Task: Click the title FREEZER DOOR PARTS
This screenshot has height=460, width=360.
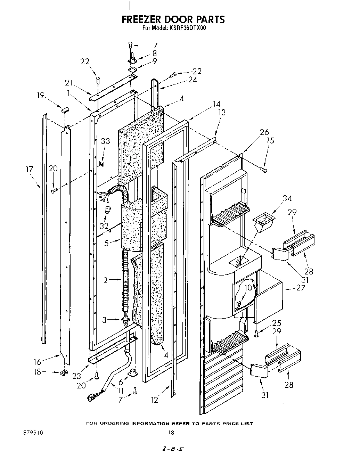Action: [173, 19]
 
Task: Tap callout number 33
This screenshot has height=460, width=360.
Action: [106, 141]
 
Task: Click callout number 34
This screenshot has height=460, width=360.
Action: [287, 198]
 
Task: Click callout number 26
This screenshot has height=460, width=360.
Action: [264, 132]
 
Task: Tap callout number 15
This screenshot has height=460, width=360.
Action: [270, 140]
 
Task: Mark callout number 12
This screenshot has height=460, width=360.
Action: [154, 400]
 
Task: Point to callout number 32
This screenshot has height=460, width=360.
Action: [104, 225]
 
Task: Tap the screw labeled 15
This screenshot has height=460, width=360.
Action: [264, 170]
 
